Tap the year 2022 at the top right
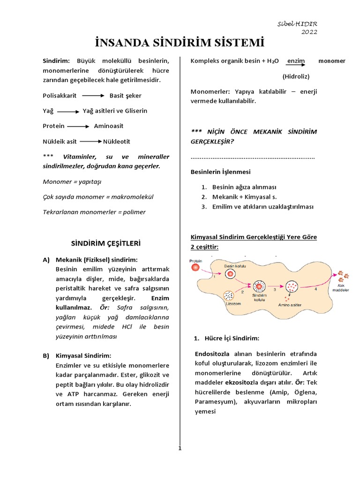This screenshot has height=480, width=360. click(x=309, y=32)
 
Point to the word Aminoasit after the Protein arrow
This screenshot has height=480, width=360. click(x=109, y=126)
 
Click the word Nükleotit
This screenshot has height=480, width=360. click(x=117, y=141)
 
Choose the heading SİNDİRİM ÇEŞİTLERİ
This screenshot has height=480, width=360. click(x=105, y=244)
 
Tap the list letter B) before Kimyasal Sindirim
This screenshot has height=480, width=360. click(x=46, y=356)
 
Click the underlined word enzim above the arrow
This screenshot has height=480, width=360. click(x=296, y=61)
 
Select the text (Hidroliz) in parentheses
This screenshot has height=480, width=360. click(x=296, y=76)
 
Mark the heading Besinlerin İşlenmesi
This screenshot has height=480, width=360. click(x=220, y=172)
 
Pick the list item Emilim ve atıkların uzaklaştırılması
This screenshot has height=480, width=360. click(x=262, y=207)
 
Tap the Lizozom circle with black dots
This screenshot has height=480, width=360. click(x=229, y=296)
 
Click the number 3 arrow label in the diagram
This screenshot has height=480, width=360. click(x=275, y=289)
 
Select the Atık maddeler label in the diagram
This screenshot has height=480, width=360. click(x=339, y=287)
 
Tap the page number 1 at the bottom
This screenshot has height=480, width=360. click(x=179, y=448)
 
